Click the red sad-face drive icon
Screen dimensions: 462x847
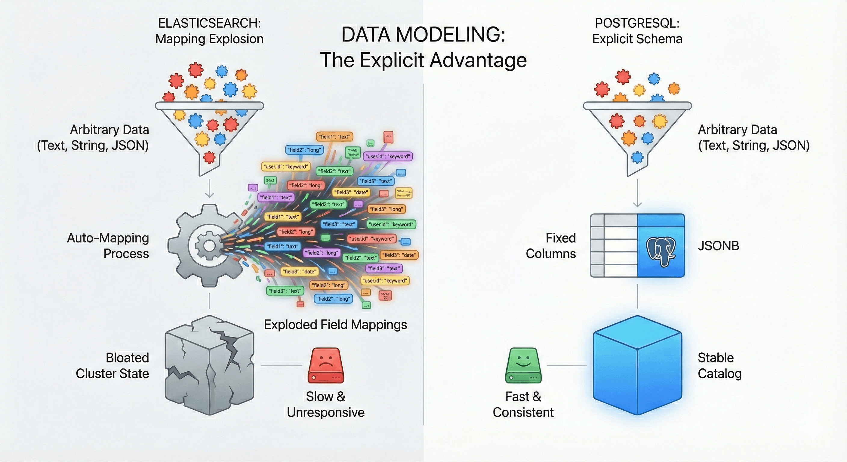tap(325, 365)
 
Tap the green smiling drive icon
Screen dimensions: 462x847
tap(523, 365)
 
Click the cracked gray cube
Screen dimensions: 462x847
tap(209, 365)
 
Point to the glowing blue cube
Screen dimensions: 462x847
tap(638, 365)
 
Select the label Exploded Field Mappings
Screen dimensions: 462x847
tap(335, 325)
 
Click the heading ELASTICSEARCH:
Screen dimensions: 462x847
tap(209, 23)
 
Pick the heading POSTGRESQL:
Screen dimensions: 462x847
tap(637, 23)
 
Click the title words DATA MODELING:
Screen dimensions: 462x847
tap(423, 35)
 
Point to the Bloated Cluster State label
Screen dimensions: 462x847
tap(112, 365)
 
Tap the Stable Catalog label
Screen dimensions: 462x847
tap(719, 365)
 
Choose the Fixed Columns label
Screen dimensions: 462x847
tap(551, 246)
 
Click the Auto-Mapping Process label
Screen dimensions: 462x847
tap(108, 246)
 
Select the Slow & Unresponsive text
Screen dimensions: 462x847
tap(325, 404)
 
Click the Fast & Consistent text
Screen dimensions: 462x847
tap(523, 404)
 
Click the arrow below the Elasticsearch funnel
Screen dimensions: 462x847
tap(209, 189)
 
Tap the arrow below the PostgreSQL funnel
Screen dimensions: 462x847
tap(638, 194)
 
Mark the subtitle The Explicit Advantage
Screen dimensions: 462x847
tap(423, 60)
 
